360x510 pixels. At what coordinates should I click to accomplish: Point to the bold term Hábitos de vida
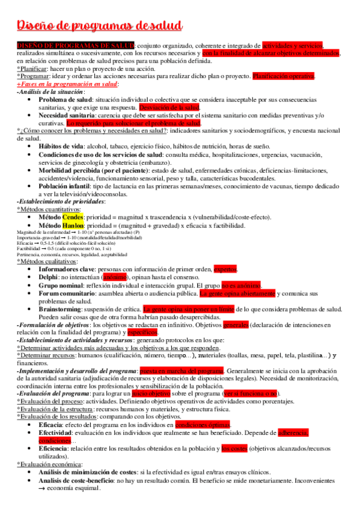pos(61,147)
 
